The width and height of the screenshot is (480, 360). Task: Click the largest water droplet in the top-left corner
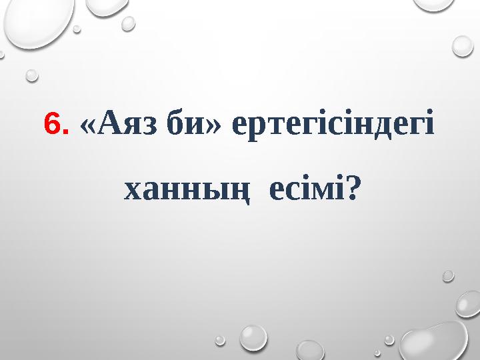(37, 20)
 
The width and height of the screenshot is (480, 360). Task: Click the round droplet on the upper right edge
(463, 45)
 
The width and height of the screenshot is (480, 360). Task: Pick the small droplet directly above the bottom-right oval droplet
(448, 275)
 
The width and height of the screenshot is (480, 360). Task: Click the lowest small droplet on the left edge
(32, 75)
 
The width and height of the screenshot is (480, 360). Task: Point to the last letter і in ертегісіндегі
(429, 123)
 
